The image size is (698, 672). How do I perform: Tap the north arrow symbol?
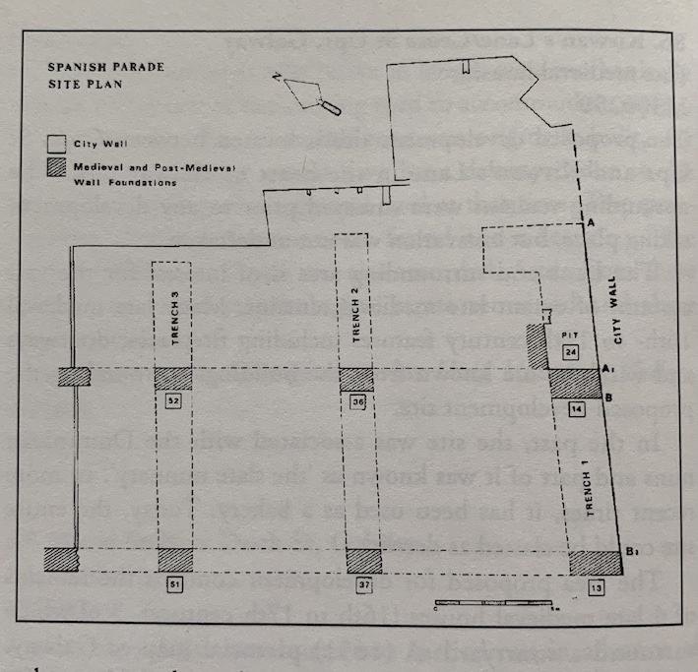tap(307, 94)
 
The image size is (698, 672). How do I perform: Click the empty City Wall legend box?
tap(59, 146)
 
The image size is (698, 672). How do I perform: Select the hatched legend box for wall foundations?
tap(59, 170)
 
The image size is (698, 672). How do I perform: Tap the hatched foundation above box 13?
tap(596, 563)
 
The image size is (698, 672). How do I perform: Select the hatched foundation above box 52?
tap(175, 379)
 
